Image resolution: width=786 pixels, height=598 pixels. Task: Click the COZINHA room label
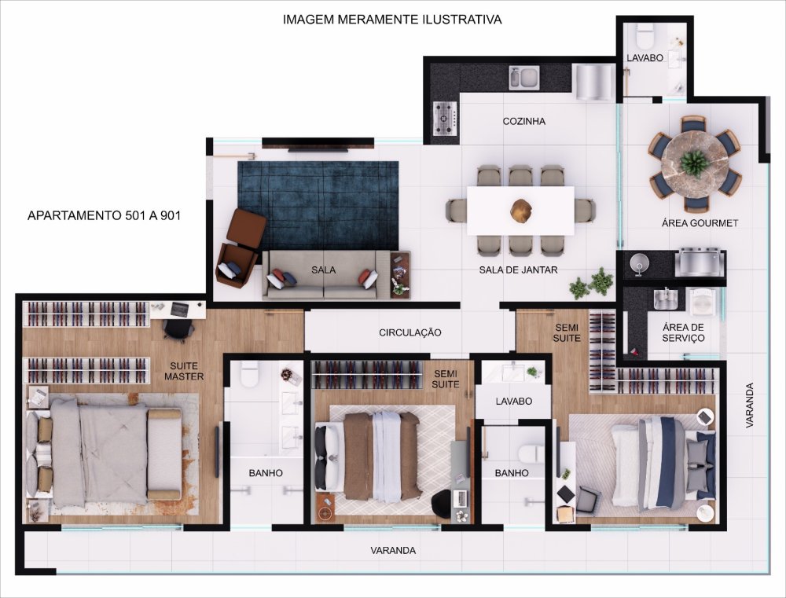pyautogui.click(x=523, y=121)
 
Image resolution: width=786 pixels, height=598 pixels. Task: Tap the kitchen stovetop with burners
pyautogui.click(x=445, y=119)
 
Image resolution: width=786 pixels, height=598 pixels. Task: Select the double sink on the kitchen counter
pyautogui.click(x=524, y=79)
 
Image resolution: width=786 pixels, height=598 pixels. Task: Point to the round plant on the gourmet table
pyautogui.click(x=695, y=163)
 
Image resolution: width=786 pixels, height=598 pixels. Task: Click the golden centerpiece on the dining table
pyautogui.click(x=521, y=210)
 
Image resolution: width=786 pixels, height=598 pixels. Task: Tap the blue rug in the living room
pyautogui.click(x=318, y=205)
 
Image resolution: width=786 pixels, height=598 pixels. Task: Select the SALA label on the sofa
pyautogui.click(x=323, y=270)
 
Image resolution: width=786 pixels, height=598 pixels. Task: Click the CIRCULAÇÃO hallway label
pyautogui.click(x=410, y=333)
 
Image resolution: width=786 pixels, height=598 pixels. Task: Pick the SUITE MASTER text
pyautogui.click(x=184, y=372)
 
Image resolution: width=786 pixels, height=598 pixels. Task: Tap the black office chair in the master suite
pyautogui.click(x=178, y=329)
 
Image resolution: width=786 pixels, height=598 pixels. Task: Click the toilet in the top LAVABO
pyautogui.click(x=645, y=35)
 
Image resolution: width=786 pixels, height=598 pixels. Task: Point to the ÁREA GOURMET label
pyautogui.click(x=700, y=223)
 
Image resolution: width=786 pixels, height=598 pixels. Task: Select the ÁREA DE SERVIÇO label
pyautogui.click(x=683, y=333)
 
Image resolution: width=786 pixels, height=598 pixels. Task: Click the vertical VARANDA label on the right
pyautogui.click(x=749, y=405)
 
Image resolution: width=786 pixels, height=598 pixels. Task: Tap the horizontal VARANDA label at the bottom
pyautogui.click(x=393, y=550)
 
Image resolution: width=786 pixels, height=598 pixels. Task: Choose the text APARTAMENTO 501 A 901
pyautogui.click(x=104, y=215)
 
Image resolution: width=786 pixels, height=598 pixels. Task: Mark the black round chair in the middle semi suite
pyautogui.click(x=442, y=504)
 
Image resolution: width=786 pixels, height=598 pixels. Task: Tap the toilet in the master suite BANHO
pyautogui.click(x=250, y=373)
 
